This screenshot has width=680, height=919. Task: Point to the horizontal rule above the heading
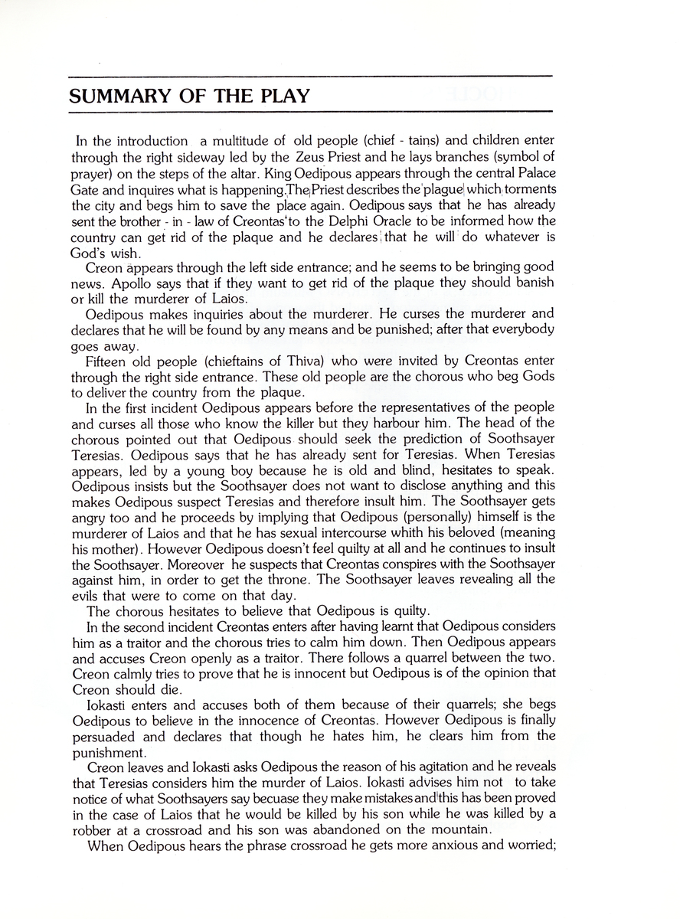310,76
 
